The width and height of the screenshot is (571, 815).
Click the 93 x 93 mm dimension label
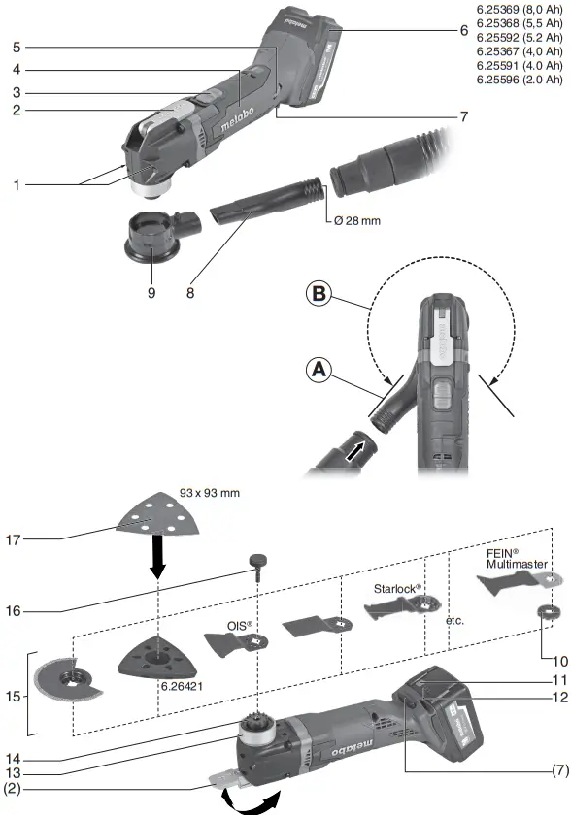[x=210, y=494]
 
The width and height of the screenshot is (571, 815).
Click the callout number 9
[x=151, y=287]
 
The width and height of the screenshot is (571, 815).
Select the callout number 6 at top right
[x=464, y=30]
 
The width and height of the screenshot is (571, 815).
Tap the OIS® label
[x=239, y=626]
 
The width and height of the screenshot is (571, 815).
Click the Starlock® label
[x=397, y=588]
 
